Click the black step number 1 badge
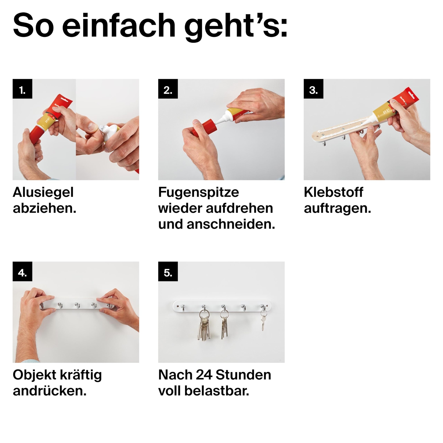[x=22, y=89]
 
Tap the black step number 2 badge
[x=168, y=89]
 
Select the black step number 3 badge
[x=313, y=89]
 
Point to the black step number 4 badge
[x=22, y=271]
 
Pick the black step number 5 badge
[x=168, y=271]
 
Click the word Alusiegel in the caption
[x=43, y=192]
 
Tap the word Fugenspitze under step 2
[x=199, y=192]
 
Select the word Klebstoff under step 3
[x=333, y=192]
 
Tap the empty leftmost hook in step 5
[x=183, y=307]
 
